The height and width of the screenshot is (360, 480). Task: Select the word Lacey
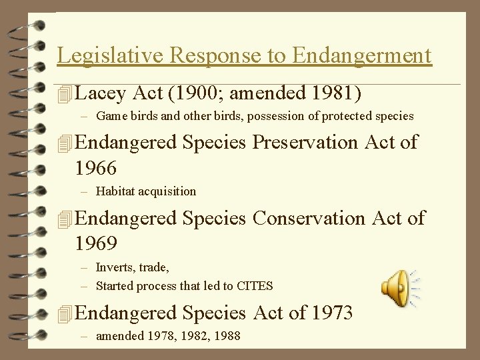101,93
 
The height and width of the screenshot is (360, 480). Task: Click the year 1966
96,167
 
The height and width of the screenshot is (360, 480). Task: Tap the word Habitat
115,191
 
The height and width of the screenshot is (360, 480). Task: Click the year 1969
96,243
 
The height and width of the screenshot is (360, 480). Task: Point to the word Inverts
114,267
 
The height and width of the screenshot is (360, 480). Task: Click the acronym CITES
254,286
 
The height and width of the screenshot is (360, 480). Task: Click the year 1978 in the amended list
155,336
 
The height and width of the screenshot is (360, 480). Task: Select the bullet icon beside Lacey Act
63,94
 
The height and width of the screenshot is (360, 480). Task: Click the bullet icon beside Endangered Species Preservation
63,143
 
